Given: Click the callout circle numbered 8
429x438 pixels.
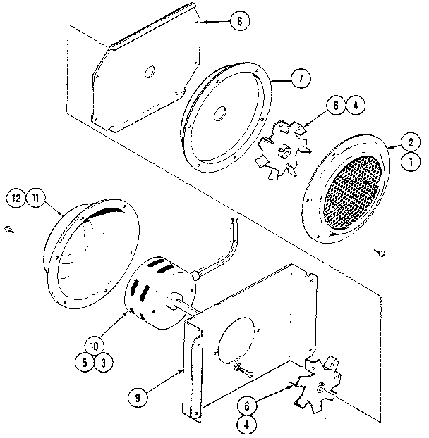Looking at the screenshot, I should (x=238, y=21).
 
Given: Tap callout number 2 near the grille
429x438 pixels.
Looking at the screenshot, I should (x=408, y=142).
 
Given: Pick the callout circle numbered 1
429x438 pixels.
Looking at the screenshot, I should (x=408, y=161).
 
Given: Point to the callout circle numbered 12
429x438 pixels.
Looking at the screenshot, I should (x=17, y=198).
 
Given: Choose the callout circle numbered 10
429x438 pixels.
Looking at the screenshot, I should (x=94, y=346).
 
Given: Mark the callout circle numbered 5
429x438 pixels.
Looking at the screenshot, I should (x=84, y=363).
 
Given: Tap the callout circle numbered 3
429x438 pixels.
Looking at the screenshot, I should (x=104, y=363).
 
